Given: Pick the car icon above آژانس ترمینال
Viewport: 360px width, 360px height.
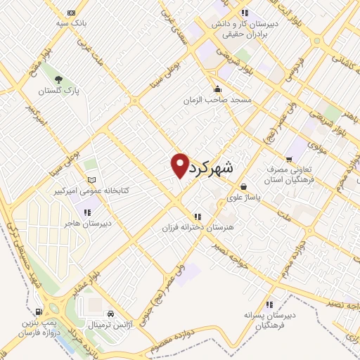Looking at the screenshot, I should point(110,314).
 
